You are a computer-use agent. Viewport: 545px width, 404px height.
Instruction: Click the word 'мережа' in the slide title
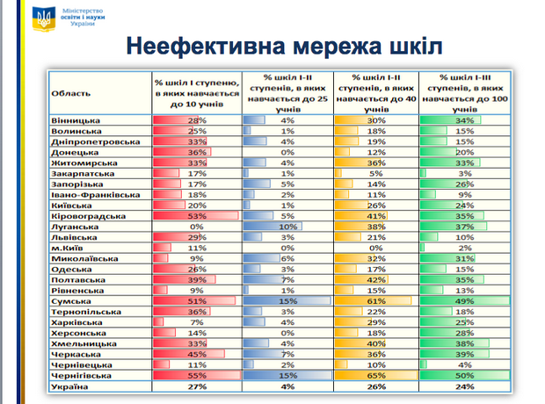[x=312, y=46]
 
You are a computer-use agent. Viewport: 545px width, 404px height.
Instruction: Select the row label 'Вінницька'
[x=77, y=119]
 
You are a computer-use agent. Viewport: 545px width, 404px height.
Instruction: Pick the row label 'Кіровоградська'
[x=91, y=215]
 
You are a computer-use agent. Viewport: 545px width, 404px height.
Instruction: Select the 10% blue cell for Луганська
[x=287, y=227]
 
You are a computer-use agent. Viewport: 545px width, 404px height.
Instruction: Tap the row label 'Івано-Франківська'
[x=95, y=194]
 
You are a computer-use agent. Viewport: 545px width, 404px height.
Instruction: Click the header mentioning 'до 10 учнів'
[x=195, y=90]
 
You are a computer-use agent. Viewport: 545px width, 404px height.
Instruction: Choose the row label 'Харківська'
[x=80, y=321]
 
